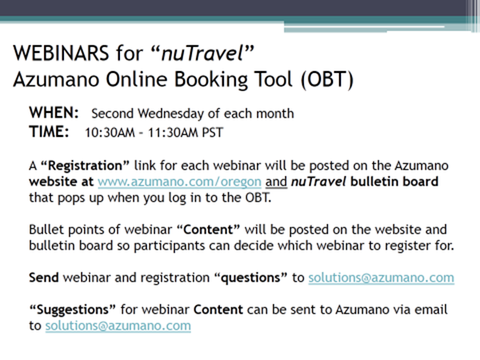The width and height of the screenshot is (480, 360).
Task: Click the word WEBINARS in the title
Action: [61, 53]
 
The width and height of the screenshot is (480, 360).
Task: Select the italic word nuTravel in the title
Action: [202, 53]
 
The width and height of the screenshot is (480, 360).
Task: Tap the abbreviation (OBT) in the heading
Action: [327, 79]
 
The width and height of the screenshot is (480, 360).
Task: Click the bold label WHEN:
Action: [54, 113]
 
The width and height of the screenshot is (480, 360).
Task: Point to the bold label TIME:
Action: [49, 132]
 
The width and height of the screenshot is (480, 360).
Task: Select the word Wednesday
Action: [171, 114]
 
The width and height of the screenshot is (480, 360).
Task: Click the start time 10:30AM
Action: [110, 133]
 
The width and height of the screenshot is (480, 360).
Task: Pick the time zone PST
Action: [213, 133]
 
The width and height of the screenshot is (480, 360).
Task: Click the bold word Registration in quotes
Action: [85, 166]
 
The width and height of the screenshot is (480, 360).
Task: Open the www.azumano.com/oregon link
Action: [179, 182]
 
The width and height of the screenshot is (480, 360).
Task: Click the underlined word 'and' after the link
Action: [276, 182]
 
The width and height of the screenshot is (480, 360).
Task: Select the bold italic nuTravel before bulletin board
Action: [318, 182]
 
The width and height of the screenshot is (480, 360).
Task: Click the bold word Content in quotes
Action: [209, 230]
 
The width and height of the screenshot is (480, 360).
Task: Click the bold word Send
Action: [44, 278]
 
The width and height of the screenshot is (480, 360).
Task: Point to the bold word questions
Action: [250, 278]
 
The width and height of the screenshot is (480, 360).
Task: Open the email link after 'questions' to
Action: [381, 278]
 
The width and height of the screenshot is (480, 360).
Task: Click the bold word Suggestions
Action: [73, 310]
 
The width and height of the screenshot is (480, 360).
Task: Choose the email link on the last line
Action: [118, 326]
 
